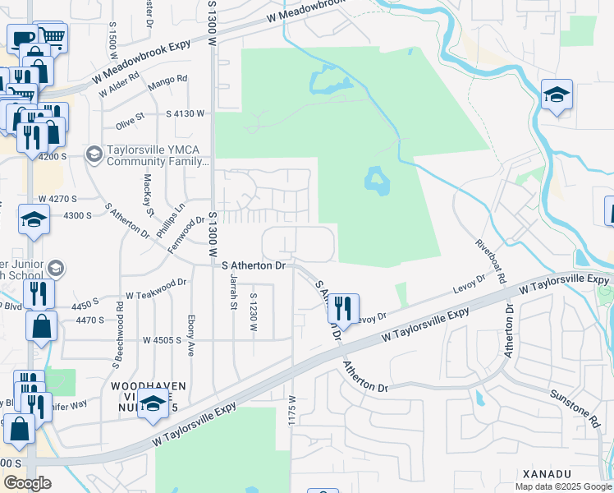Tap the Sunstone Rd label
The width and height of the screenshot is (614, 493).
(587, 408)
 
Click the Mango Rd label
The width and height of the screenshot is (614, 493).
(167, 83)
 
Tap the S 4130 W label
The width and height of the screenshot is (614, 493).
(185, 113)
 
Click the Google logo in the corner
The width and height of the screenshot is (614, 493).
(27, 483)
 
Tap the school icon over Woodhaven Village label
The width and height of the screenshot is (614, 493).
(153, 403)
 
